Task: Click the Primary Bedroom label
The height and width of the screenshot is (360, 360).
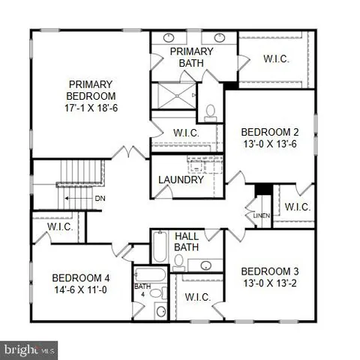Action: (x=91, y=90)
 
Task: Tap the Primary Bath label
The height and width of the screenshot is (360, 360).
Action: (x=191, y=56)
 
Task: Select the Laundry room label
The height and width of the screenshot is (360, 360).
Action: (x=181, y=180)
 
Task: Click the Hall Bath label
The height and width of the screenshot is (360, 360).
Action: (x=187, y=241)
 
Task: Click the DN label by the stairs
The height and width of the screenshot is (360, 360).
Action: (x=100, y=199)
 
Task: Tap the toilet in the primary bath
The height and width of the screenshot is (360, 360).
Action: (x=211, y=112)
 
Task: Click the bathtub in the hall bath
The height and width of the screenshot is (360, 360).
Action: (x=160, y=247)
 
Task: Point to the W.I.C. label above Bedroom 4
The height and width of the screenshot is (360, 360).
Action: (x=59, y=226)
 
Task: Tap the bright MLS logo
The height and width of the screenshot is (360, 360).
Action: (x=30, y=349)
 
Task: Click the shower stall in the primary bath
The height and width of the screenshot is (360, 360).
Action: (x=172, y=95)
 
